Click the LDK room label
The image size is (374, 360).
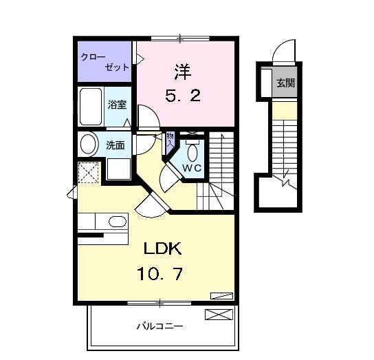[162, 248]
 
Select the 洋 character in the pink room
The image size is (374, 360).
[181, 70]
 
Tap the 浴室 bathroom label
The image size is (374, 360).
[118, 105]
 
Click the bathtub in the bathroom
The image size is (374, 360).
[90, 107]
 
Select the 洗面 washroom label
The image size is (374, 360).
[115, 145]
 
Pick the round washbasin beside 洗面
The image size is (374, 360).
[88, 144]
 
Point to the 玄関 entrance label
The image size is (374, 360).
[285, 84]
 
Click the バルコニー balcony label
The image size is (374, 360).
[159, 326]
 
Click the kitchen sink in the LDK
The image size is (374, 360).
[118, 222]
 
